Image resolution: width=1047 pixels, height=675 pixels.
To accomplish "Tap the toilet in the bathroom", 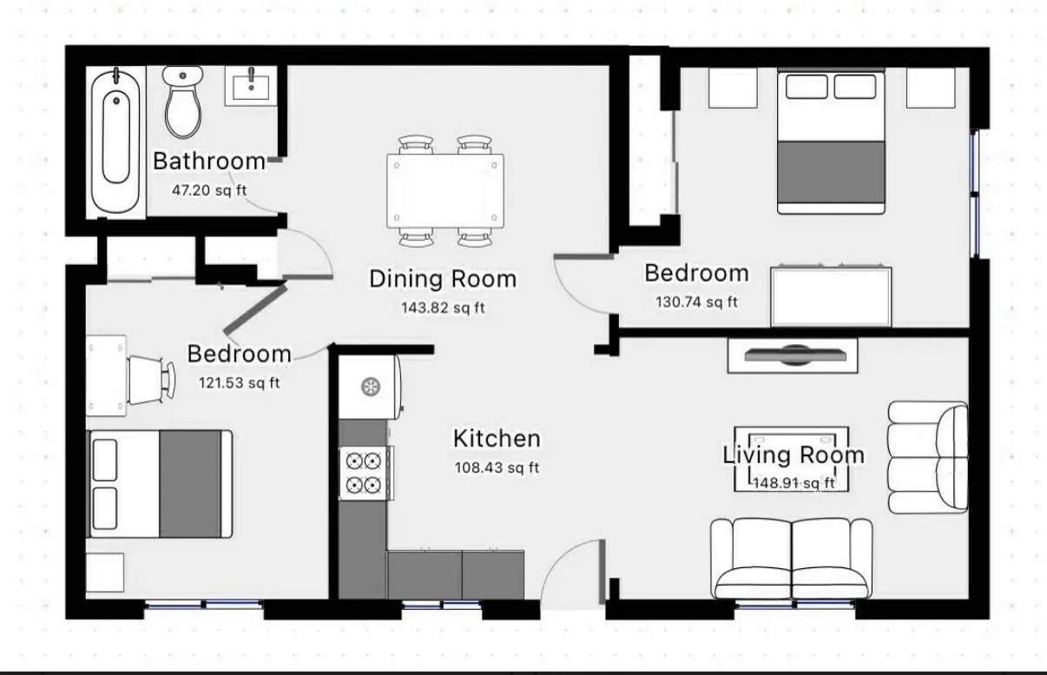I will point(183,102).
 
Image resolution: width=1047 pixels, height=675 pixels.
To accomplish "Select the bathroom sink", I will point(251,85).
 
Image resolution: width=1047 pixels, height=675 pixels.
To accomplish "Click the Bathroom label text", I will point(208,162).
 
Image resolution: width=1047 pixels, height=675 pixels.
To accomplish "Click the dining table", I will point(445,191).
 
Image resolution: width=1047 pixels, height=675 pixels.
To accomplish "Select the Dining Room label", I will point(443,279).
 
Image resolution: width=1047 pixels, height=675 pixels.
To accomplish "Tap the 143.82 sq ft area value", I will point(443,308).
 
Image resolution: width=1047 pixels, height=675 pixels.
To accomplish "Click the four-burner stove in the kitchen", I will point(363,472).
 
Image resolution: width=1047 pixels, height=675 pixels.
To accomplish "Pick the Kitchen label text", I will point(497,439).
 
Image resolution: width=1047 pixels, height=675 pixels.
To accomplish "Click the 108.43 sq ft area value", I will point(497,467).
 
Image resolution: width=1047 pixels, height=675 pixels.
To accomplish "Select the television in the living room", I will point(792,355).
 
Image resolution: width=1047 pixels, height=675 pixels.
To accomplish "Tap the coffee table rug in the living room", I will point(792,459).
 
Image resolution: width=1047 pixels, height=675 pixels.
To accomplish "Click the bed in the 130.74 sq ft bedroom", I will point(831,142).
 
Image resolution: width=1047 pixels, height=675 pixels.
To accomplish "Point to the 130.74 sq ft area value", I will point(695,302).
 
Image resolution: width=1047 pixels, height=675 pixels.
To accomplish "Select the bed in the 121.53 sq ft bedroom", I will point(160,484).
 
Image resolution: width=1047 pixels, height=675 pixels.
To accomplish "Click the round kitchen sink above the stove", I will point(371,386).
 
